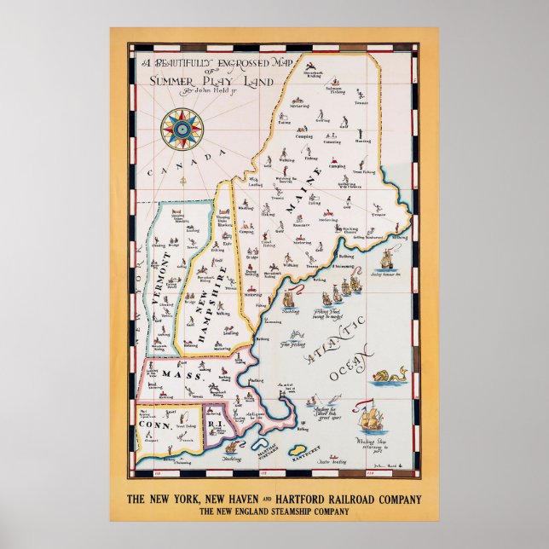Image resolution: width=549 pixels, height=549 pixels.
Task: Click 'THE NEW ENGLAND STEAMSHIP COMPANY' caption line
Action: tap(274, 511)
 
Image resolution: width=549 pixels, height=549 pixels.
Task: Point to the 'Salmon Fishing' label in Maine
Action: tap(338, 89)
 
